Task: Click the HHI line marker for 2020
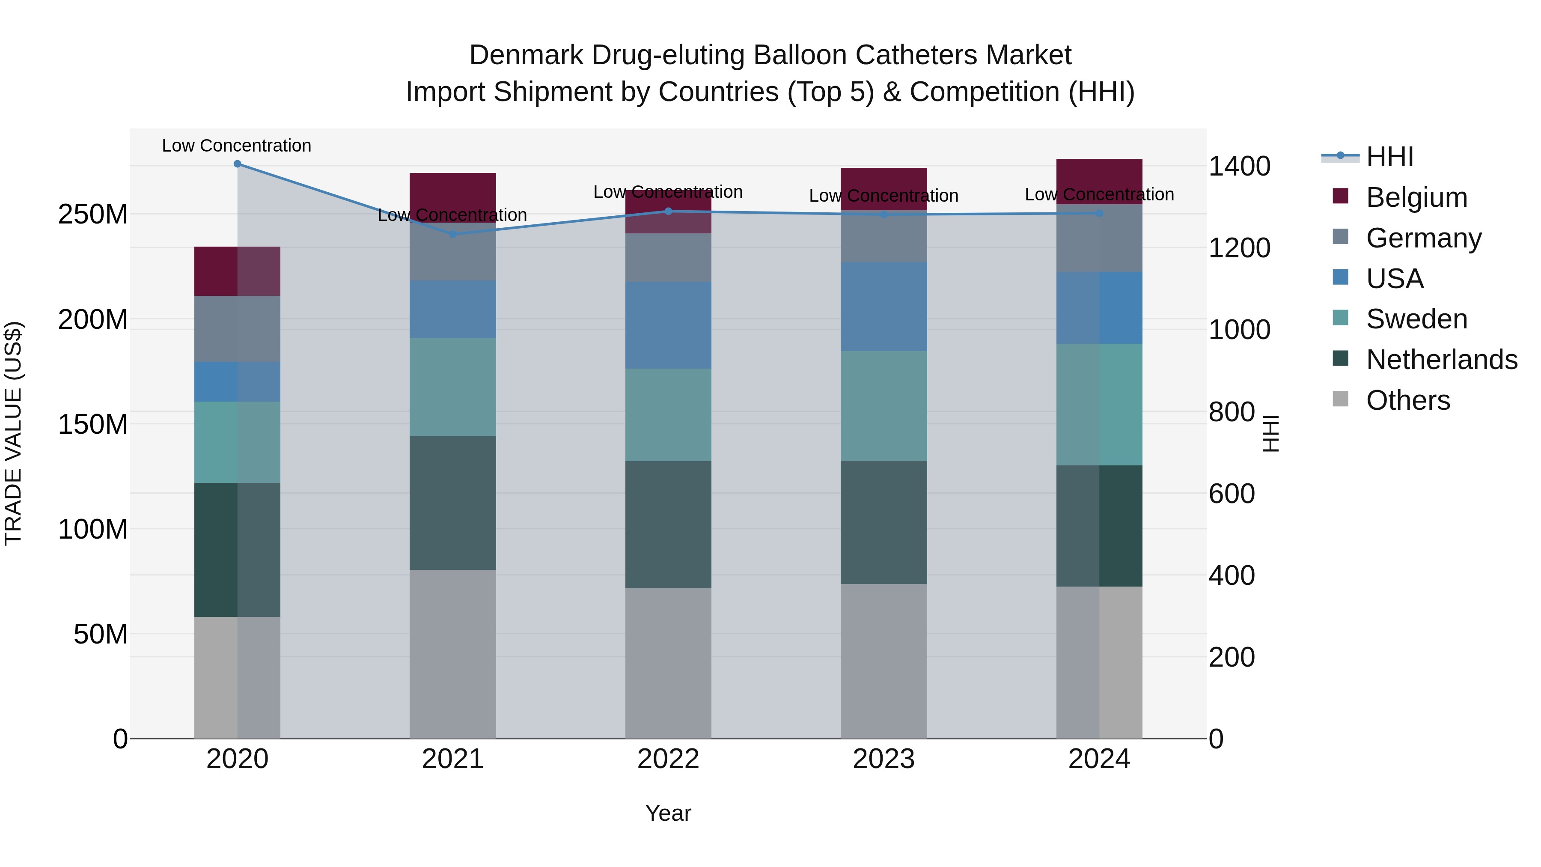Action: [238, 164]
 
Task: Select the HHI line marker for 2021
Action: [453, 235]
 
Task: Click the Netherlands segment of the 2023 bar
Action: [884, 522]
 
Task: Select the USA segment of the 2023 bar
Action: [884, 307]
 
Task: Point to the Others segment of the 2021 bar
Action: [453, 653]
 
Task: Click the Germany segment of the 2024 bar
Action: [1099, 238]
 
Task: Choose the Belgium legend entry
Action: [1416, 197]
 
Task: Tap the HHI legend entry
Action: [1389, 157]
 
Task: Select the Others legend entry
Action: [1407, 400]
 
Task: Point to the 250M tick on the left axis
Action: [93, 214]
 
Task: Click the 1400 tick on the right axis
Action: [1239, 167]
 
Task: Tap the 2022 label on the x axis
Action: [668, 759]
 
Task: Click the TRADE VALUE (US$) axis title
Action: [13, 433]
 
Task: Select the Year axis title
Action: [668, 813]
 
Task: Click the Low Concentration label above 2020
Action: [237, 146]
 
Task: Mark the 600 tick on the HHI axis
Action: [1231, 494]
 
